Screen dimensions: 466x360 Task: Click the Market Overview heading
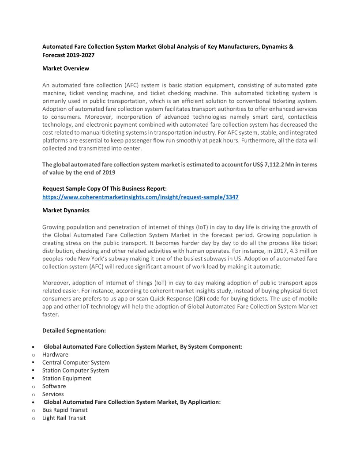pyautogui.click(x=65, y=68)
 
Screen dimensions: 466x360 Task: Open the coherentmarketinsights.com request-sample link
pyautogui.click(x=140, y=197)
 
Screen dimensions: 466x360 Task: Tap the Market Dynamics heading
pyautogui.click(x=66, y=210)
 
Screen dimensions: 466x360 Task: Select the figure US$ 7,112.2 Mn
pyautogui.click(x=273, y=165)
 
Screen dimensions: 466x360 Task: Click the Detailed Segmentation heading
pyautogui.click(x=74, y=330)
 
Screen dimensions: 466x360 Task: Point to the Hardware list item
pyautogui.click(x=55, y=354)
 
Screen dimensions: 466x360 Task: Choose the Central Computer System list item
pyautogui.click(x=76, y=362)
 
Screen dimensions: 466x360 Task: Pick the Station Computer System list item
pyautogui.click(x=75, y=370)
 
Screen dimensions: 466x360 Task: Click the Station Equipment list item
pyautogui.click(x=67, y=378)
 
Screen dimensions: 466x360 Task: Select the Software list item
pyautogui.click(x=54, y=386)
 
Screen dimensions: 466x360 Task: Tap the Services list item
pyautogui.click(x=53, y=394)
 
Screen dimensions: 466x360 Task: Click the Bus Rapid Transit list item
pyautogui.click(x=65, y=410)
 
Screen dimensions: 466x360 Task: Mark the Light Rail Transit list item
pyautogui.click(x=64, y=418)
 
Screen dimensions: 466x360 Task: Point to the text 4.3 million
pyautogui.click(x=299, y=251)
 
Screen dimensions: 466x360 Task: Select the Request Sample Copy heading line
pyautogui.click(x=104, y=188)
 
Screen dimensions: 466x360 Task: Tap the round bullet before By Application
pyautogui.click(x=34, y=402)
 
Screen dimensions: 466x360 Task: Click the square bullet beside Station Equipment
pyautogui.click(x=34, y=378)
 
